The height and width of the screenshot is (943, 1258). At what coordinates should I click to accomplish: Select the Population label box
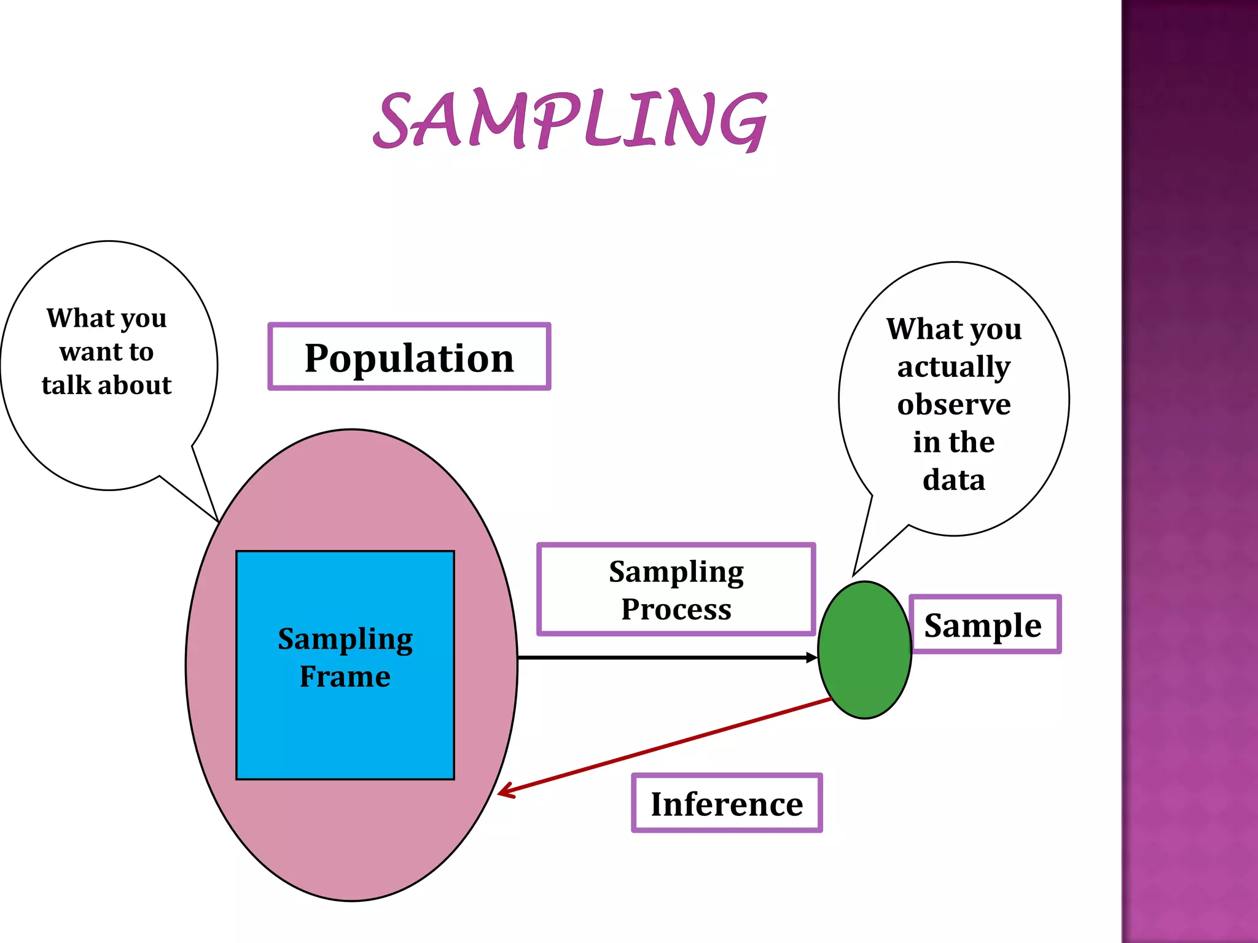(x=409, y=357)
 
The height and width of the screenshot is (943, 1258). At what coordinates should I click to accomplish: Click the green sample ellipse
(x=864, y=650)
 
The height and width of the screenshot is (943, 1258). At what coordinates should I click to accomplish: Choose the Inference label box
(x=727, y=803)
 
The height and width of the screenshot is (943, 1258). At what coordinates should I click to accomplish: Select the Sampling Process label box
(x=676, y=589)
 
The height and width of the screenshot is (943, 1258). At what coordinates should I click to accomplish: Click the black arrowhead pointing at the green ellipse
(x=812, y=658)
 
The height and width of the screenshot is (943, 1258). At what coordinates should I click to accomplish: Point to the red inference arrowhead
(x=503, y=793)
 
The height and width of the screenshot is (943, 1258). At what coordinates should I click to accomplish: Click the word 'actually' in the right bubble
(x=953, y=367)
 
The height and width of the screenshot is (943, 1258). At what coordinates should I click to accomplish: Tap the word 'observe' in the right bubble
(x=953, y=405)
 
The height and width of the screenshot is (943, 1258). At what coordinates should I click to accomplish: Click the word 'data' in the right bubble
(x=953, y=479)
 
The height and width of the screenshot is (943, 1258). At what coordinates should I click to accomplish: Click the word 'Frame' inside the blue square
(x=345, y=677)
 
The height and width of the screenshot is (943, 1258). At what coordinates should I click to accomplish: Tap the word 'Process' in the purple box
(x=676, y=609)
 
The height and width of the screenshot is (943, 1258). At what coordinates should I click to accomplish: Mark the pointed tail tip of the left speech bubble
(x=217, y=521)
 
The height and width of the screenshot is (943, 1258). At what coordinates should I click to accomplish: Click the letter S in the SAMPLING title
(x=393, y=120)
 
